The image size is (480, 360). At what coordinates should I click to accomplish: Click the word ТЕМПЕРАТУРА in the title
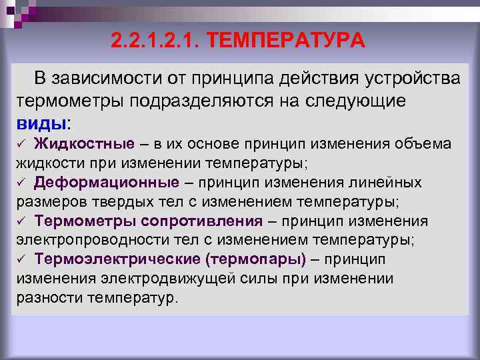[x=286, y=41]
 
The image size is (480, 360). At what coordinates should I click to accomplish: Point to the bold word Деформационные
[x=107, y=183]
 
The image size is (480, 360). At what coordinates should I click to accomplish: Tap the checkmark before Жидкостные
[x=21, y=144]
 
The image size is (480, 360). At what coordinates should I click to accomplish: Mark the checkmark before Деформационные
[x=21, y=183]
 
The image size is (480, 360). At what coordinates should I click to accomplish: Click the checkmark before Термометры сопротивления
[x=21, y=221]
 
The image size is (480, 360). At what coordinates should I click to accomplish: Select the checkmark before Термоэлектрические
[x=21, y=259]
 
